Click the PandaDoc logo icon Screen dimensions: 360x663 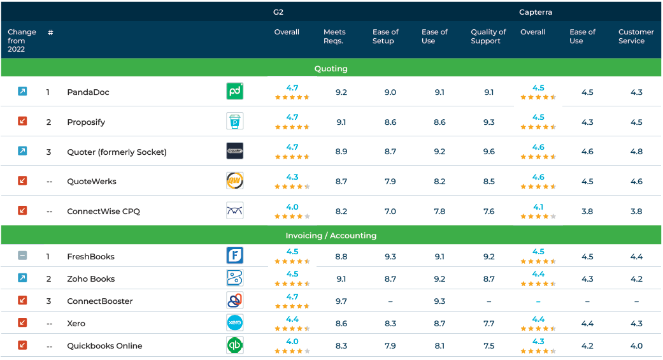point(234,92)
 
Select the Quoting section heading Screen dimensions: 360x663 point(331,68)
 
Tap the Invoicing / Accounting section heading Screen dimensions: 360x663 point(331,236)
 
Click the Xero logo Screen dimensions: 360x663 point(234,323)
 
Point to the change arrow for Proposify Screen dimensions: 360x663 point(22,122)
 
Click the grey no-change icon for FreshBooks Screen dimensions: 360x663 point(22,256)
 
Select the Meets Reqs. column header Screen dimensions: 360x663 point(334,36)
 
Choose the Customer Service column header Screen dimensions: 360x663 point(636,36)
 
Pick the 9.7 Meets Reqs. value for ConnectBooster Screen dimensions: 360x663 point(341,301)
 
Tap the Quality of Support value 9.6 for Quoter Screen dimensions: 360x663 point(488,152)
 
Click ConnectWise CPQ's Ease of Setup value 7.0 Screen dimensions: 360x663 point(390,212)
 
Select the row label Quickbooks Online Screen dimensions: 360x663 point(104,346)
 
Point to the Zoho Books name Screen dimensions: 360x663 point(91,279)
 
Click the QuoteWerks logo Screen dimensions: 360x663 point(234,181)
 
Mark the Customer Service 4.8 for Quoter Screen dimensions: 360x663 point(636,152)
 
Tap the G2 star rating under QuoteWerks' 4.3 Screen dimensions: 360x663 point(292,187)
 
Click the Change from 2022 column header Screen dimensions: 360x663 point(22,40)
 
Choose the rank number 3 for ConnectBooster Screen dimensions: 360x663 point(48,301)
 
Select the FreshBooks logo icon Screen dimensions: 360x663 point(234,256)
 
